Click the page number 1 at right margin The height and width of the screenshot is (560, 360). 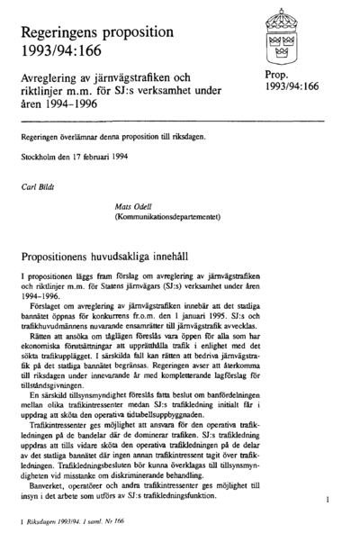pyautogui.click(x=329, y=498)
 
